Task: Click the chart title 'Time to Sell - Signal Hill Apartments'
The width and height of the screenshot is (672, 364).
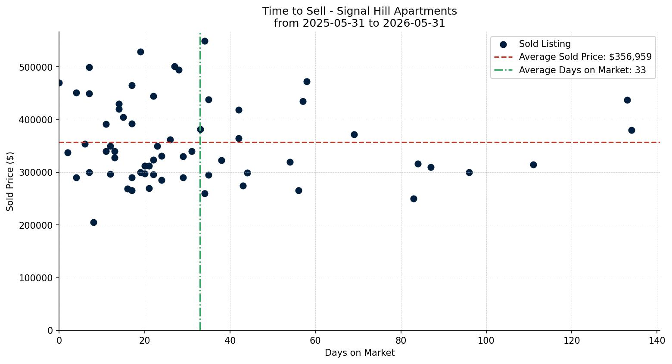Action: tap(359, 11)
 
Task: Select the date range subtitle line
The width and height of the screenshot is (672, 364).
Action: tap(359, 23)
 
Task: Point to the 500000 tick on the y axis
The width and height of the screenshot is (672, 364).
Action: tap(36, 67)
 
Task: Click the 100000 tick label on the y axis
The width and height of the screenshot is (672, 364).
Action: tap(36, 278)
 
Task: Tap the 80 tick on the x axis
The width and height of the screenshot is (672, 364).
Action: tap(401, 341)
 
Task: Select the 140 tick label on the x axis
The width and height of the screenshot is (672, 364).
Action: tap(656, 341)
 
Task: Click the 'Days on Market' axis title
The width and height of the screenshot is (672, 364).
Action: tap(359, 353)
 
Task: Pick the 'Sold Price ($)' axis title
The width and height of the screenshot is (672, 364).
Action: tap(10, 181)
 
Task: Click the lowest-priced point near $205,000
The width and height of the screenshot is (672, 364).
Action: tap(93, 223)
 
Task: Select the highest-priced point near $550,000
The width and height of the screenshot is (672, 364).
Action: tap(205, 41)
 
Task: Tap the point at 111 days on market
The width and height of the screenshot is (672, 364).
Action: tap(533, 165)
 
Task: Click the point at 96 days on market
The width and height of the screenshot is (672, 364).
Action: tap(469, 173)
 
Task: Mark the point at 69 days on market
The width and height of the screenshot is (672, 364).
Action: tap(354, 134)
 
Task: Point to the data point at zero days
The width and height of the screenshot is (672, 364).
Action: tap(59, 83)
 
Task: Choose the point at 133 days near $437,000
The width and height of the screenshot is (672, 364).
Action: tap(627, 100)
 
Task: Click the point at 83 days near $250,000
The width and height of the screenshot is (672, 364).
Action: tap(414, 199)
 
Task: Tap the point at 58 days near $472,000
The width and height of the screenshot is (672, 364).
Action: tap(307, 81)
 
